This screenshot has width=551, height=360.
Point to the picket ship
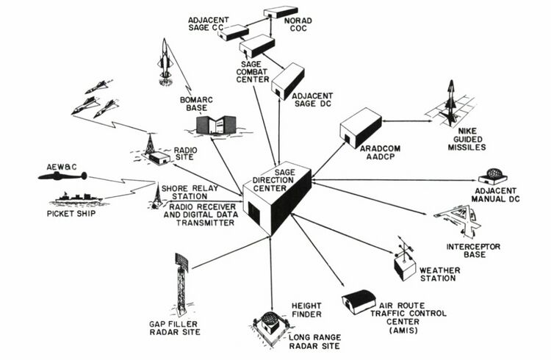[x=78, y=200]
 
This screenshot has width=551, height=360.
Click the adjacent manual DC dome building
[x=491, y=177]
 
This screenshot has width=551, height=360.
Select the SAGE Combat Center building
[x=257, y=47]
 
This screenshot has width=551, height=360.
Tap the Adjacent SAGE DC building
[x=288, y=81]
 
